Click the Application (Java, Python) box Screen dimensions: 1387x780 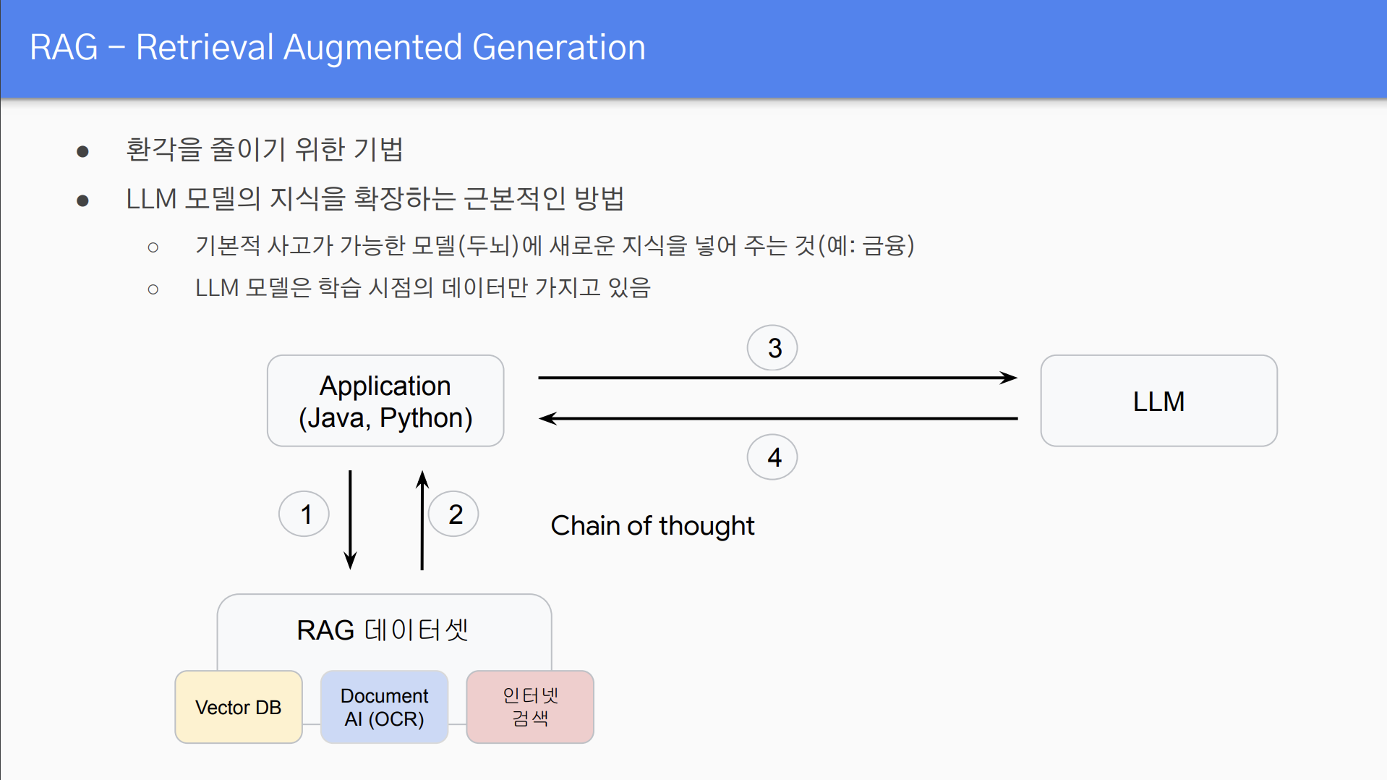tap(385, 401)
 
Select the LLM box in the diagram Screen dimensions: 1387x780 tap(1158, 401)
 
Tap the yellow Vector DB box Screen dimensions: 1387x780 tap(239, 707)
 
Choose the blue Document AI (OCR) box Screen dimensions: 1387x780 tap(384, 707)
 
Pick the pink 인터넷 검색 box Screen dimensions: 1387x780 tap(530, 707)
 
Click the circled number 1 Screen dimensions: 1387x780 tap(304, 514)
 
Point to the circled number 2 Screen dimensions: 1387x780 tap(454, 514)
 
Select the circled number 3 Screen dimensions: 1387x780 tap(772, 348)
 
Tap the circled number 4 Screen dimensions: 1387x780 tap(772, 457)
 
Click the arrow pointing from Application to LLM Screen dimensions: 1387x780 tap(777, 378)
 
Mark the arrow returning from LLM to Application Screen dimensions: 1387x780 tap(777, 418)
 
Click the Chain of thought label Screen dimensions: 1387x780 tap(652, 526)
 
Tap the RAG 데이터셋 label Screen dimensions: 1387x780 tap(383, 630)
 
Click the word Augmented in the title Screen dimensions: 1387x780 tap(372, 48)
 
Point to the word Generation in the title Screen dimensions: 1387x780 tap(558, 48)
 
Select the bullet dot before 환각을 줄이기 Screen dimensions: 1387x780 tap(82, 151)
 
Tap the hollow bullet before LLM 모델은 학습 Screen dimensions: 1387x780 tap(153, 289)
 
